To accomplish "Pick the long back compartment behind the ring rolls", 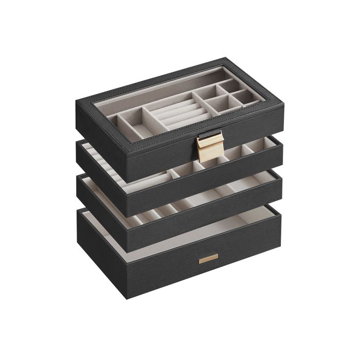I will click(149, 93).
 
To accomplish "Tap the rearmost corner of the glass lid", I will click(226, 58).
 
